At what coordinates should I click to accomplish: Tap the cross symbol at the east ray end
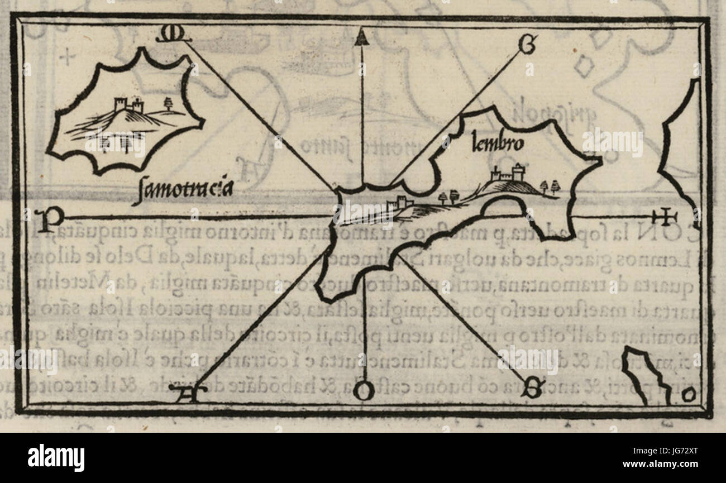click(665, 216)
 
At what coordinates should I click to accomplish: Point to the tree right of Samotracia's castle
click(167, 103)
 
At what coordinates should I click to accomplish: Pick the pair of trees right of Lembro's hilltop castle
click(550, 186)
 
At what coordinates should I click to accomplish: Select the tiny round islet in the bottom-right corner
click(689, 395)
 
